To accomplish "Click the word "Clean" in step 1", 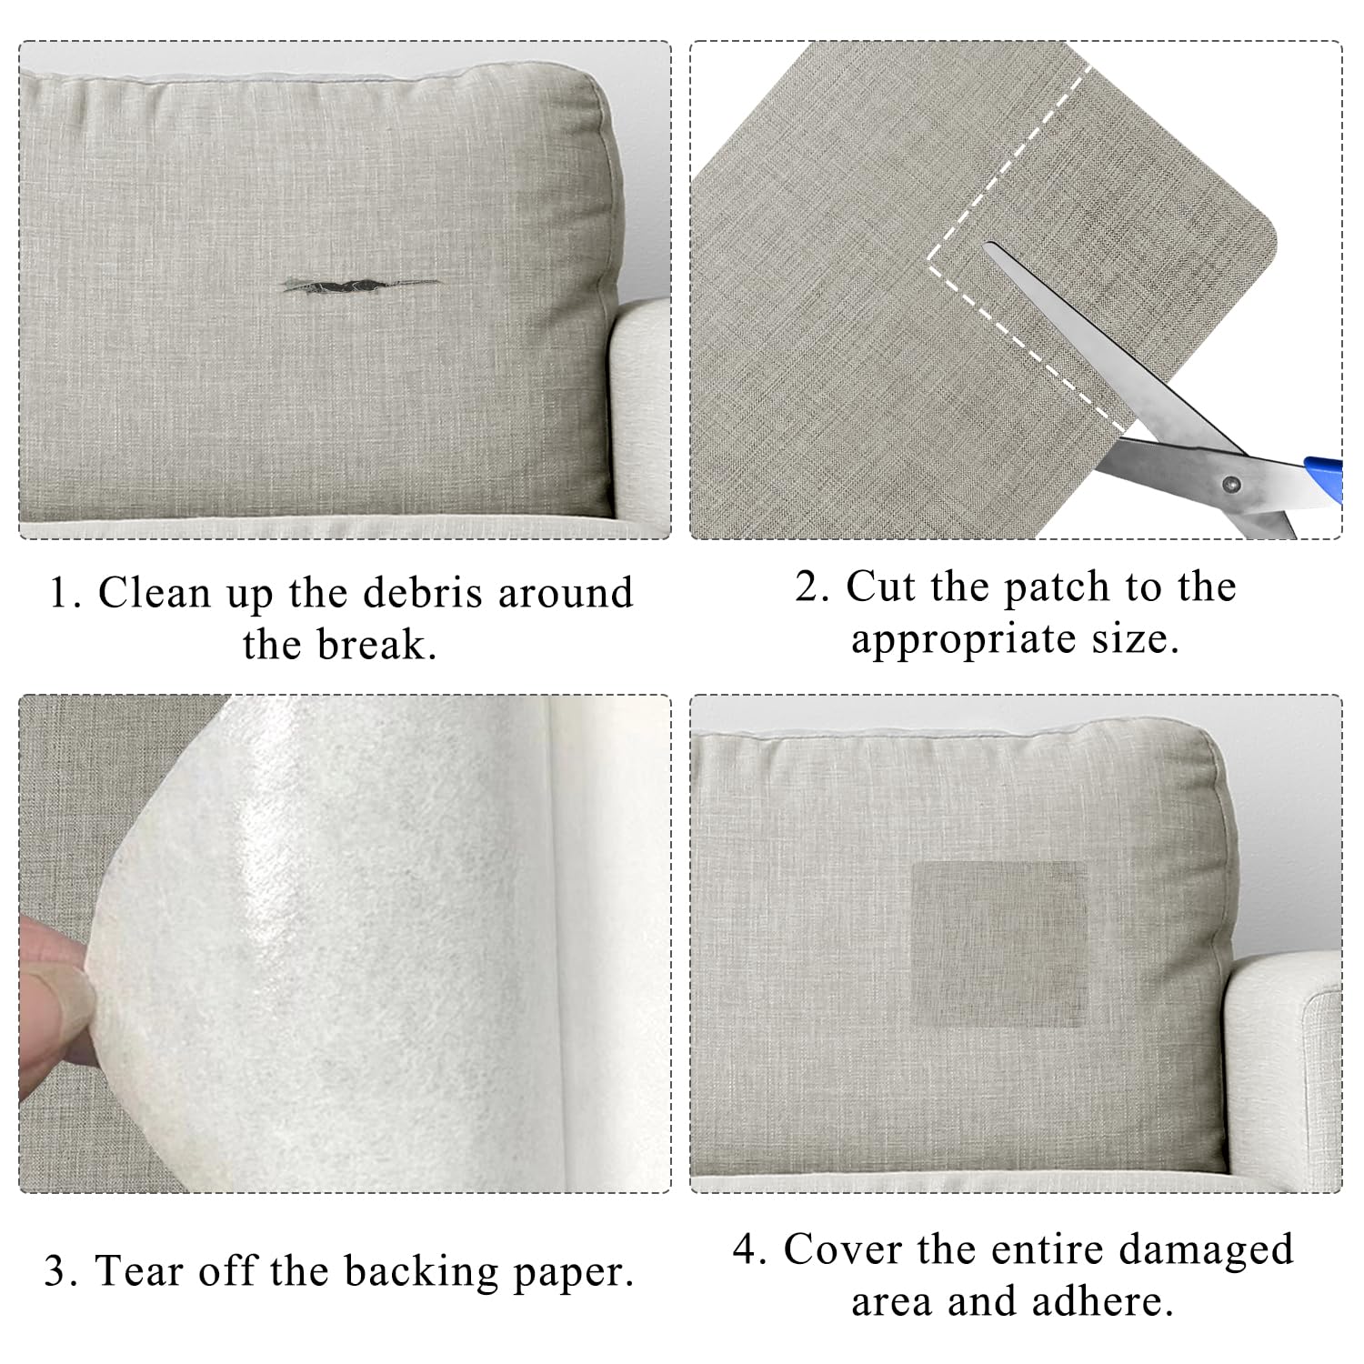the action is coord(154,593).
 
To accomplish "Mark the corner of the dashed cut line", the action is coord(928,259).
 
